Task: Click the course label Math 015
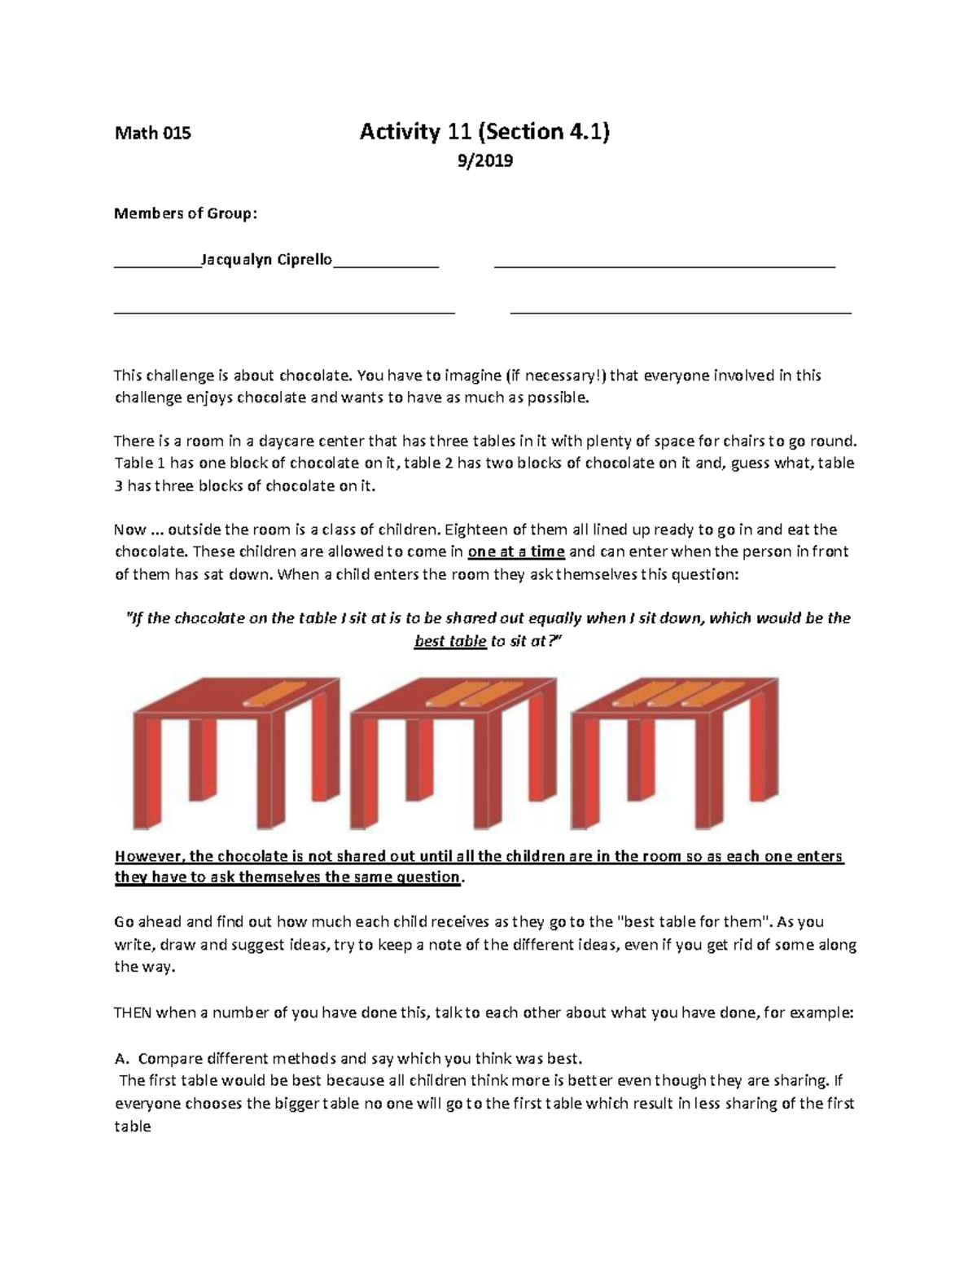[x=152, y=134]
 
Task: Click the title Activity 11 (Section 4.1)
[x=484, y=132]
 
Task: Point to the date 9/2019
[x=485, y=161]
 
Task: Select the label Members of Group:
[x=186, y=213]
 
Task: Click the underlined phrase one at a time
[x=516, y=551]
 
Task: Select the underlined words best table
[x=449, y=641]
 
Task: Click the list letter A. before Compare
[x=122, y=1059]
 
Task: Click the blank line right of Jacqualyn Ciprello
[x=664, y=265]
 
